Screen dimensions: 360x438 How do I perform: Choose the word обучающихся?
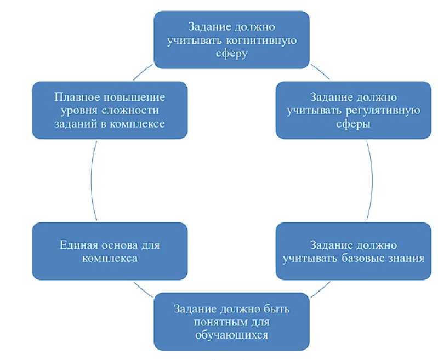231,335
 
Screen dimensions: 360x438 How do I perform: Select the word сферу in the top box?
231,54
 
